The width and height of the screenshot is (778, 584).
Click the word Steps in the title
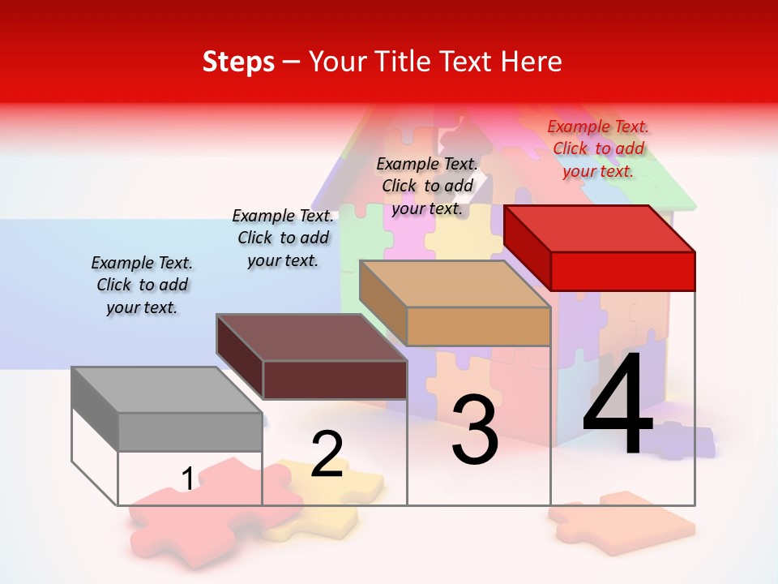tap(238, 62)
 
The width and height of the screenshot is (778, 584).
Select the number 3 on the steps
tap(474, 430)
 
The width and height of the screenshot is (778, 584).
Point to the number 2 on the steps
tap(327, 454)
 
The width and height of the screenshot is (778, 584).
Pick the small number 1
tap(187, 479)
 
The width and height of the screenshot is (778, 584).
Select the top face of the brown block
tap(311, 337)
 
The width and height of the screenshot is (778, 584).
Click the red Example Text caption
tap(598, 149)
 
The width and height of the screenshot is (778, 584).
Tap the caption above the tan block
tap(427, 187)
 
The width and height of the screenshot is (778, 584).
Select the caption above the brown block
tap(283, 238)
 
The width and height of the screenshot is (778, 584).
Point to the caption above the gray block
tap(142, 285)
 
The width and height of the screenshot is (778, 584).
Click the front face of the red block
tap(622, 271)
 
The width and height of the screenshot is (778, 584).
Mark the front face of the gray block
tap(190, 432)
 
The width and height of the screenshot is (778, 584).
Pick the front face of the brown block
tap(335, 380)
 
